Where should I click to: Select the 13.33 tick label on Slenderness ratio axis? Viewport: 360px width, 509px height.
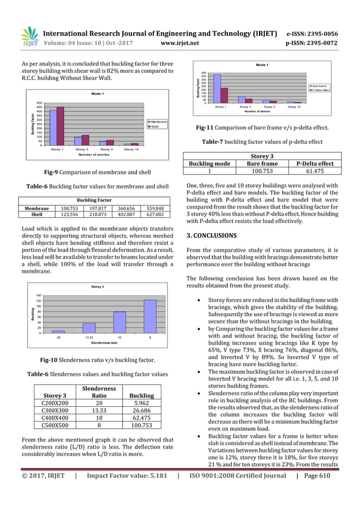(x=88, y=337)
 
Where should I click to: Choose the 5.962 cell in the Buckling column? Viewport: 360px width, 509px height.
(x=142, y=398)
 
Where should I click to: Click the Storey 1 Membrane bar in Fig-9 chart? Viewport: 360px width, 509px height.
(x=54, y=128)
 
